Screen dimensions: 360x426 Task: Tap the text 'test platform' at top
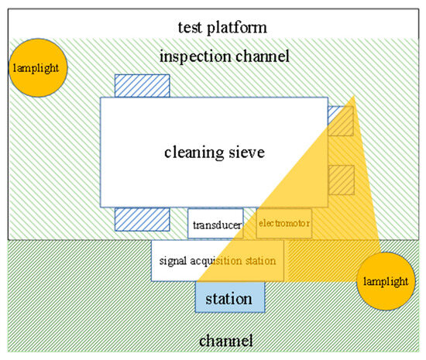pyautogui.click(x=213, y=27)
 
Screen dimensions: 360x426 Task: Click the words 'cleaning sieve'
pyautogui.click(x=215, y=153)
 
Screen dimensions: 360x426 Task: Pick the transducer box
pyautogui.click(x=215, y=225)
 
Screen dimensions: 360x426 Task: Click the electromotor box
pyautogui.click(x=283, y=225)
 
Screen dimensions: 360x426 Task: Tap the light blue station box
pyautogui.click(x=229, y=297)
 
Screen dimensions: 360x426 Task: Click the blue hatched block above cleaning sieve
pyautogui.click(x=142, y=86)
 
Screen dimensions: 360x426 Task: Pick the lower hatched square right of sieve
pyautogui.click(x=341, y=180)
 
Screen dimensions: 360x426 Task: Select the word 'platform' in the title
pyautogui.click(x=238, y=27)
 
